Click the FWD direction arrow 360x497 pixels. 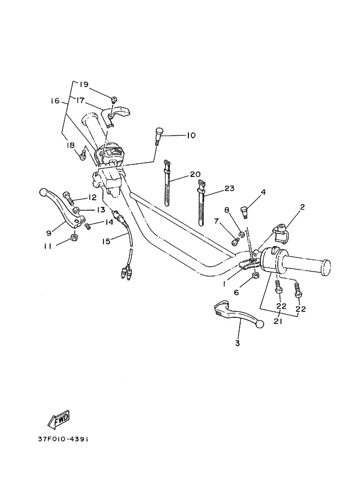tap(59, 420)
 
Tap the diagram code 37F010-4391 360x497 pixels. tap(63, 439)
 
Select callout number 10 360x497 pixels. tap(191, 136)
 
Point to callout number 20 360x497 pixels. tap(196, 174)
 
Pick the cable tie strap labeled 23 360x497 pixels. tap(201, 203)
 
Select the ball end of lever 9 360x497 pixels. tap(43, 192)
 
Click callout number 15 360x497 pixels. tap(106, 241)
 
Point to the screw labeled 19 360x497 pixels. tap(114, 100)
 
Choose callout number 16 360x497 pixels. tap(55, 101)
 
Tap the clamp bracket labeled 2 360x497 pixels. tap(280, 234)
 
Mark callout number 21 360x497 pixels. tap(279, 321)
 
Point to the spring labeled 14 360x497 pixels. tap(88, 225)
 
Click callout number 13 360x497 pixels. tap(101, 210)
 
